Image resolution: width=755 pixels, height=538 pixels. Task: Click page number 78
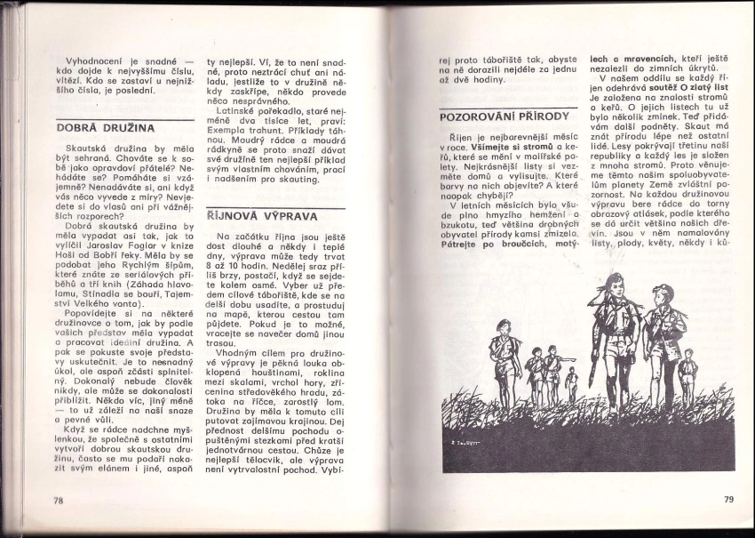click(x=59, y=500)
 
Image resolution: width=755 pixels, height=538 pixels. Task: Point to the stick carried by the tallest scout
click(x=592, y=360)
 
